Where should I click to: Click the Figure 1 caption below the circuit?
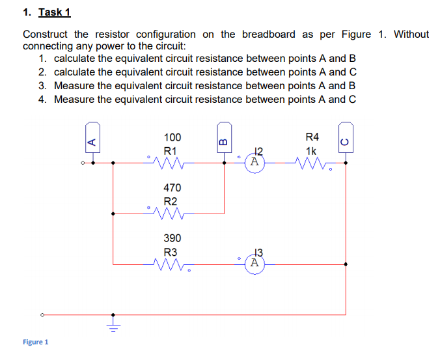click(x=35, y=342)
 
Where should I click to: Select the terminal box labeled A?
click(x=92, y=139)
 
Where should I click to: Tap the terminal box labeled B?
click(x=223, y=139)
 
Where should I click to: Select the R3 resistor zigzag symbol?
click(x=170, y=264)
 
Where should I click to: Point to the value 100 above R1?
click(x=172, y=137)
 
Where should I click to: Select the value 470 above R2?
click(x=172, y=188)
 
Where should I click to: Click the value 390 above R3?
click(x=172, y=238)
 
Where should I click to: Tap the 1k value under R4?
click(x=312, y=150)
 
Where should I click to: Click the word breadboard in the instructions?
click(x=268, y=34)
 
